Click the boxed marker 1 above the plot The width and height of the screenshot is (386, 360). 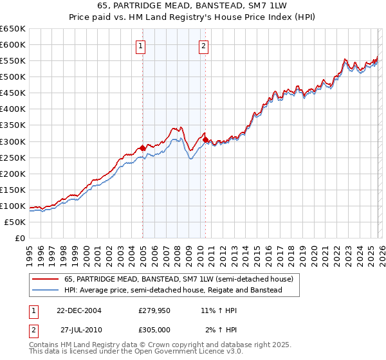point(140,46)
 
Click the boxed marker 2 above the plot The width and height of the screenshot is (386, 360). point(203,46)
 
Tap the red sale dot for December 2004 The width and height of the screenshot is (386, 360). point(142,148)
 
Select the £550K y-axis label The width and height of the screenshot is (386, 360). point(14,61)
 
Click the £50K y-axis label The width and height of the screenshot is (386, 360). point(16,222)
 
